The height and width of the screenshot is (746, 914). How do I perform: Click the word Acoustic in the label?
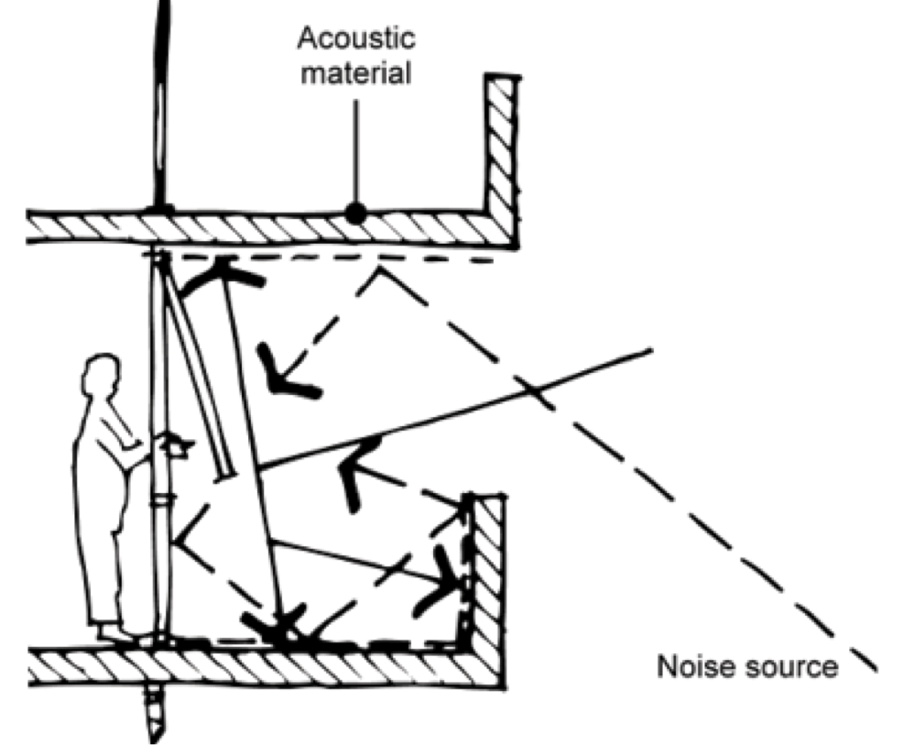[356, 38]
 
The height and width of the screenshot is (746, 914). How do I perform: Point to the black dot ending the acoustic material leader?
[355, 214]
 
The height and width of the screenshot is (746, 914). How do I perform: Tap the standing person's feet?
[114, 632]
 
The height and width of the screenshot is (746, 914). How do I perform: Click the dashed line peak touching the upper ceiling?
[378, 269]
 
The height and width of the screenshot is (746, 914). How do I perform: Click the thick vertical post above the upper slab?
[162, 101]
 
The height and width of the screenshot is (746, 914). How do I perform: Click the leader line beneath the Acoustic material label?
[355, 147]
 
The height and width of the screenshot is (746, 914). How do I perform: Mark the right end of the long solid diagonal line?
[650, 350]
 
